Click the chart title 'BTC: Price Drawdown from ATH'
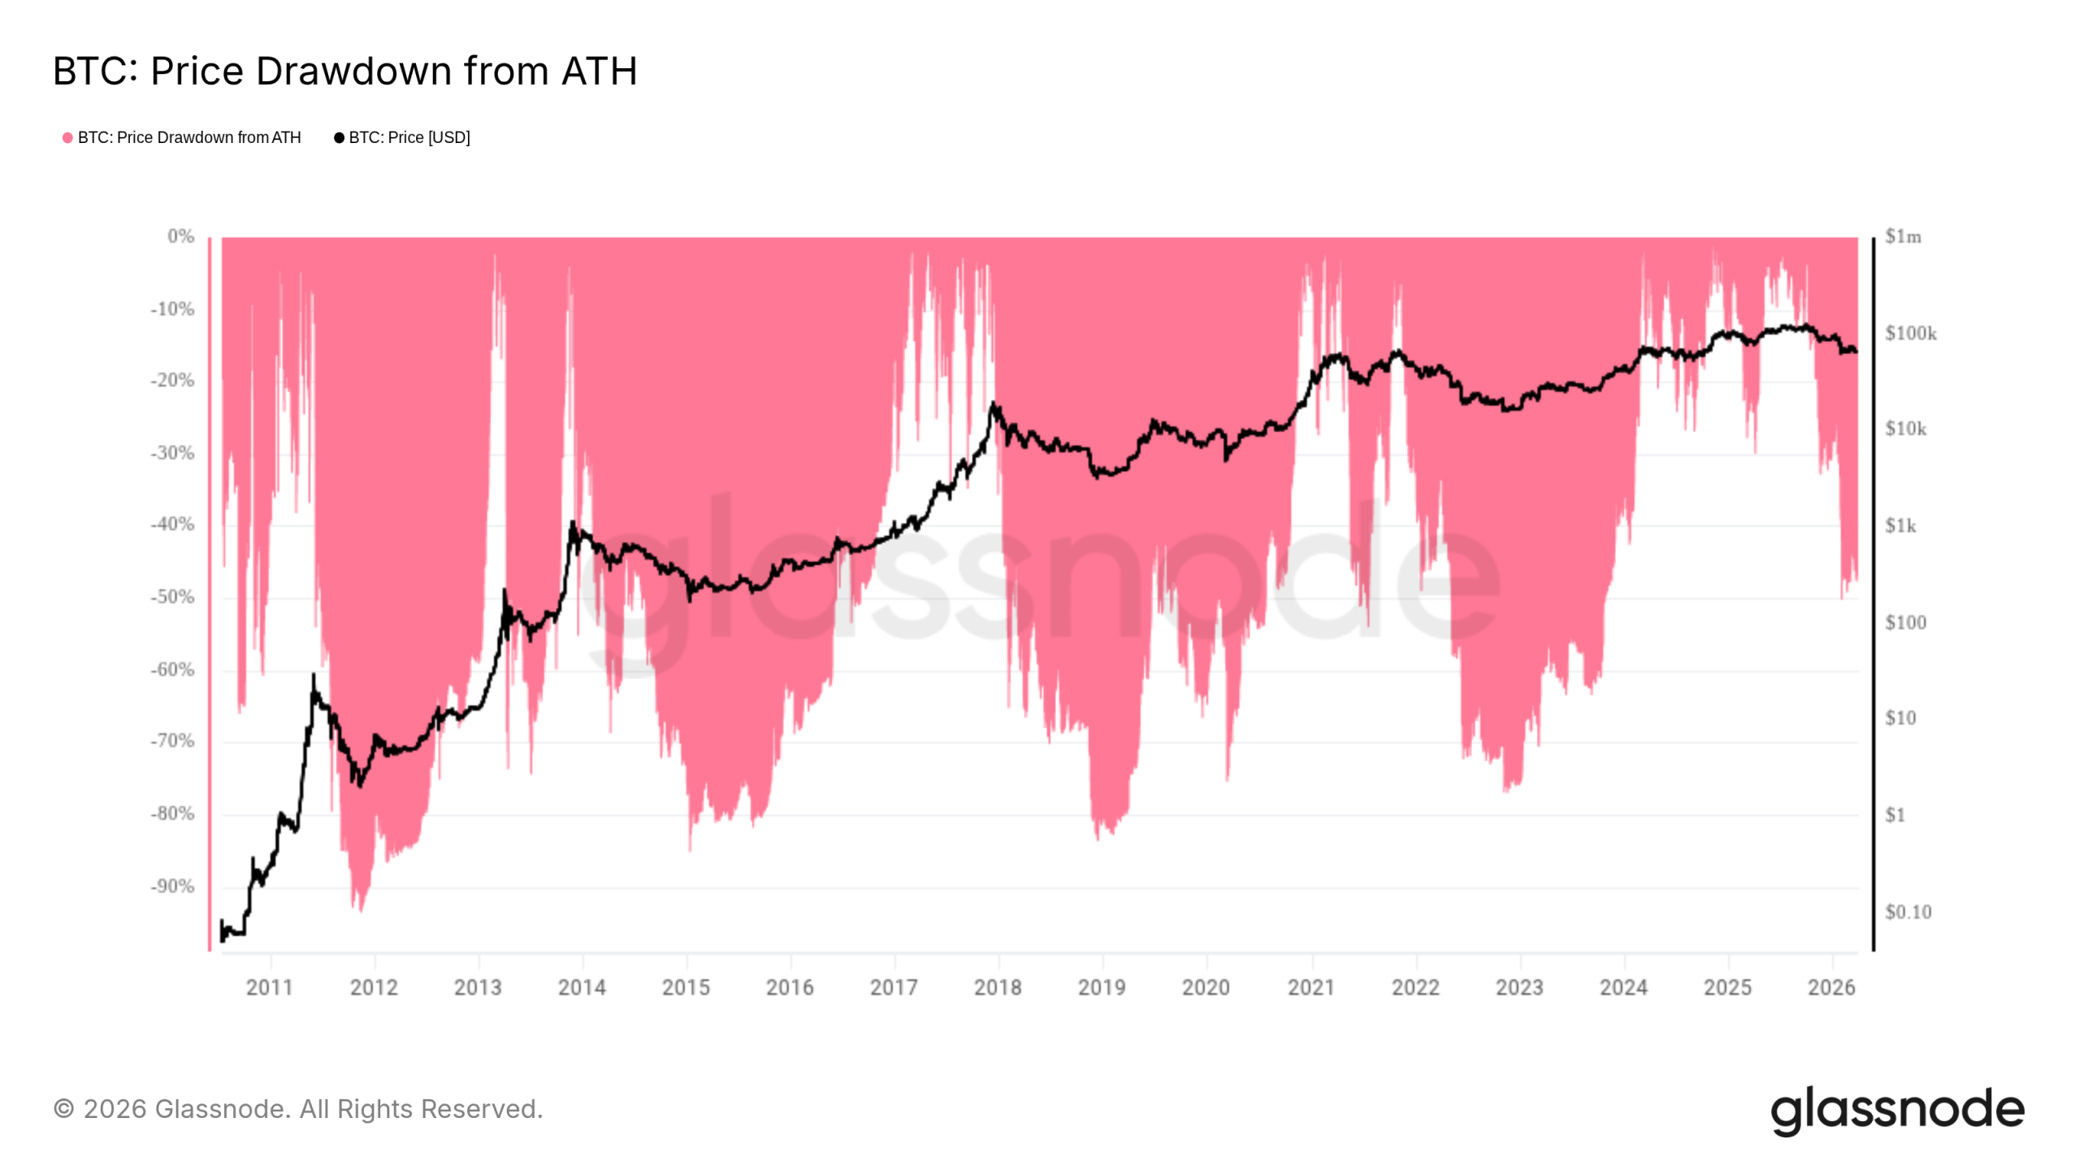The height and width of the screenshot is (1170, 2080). (x=344, y=71)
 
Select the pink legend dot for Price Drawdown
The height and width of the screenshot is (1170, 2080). (x=67, y=138)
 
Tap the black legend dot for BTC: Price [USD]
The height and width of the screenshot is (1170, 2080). (x=339, y=138)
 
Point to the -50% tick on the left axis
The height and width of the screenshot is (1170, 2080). (x=172, y=597)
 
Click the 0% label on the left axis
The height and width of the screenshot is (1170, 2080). (x=180, y=236)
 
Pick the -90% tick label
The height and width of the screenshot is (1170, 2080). (x=172, y=886)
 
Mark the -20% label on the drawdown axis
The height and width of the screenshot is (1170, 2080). (x=172, y=380)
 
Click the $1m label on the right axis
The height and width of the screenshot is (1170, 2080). (x=1903, y=236)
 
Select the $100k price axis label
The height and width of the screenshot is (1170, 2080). (x=1910, y=333)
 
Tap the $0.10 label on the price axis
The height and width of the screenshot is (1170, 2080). (x=1908, y=912)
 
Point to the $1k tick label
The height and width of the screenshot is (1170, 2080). (x=1900, y=526)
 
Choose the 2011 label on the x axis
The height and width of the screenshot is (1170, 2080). (x=270, y=987)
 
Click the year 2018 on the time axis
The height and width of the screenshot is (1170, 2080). (x=998, y=987)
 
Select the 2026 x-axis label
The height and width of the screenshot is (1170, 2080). (x=1831, y=987)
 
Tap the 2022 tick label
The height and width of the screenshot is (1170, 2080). (x=1415, y=987)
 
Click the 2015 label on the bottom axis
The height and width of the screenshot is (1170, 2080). (x=686, y=987)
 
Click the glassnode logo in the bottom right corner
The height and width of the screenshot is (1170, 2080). (x=1897, y=1110)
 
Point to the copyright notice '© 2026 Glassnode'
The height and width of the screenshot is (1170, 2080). (x=297, y=1109)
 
